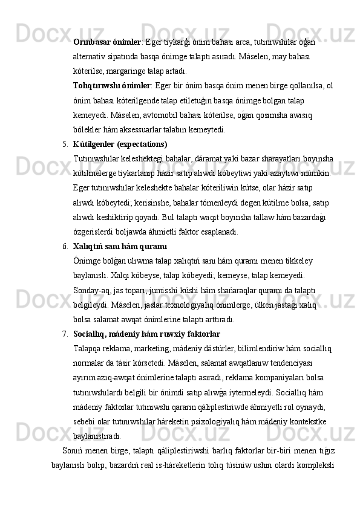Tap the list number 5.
65,144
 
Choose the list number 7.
65,334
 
